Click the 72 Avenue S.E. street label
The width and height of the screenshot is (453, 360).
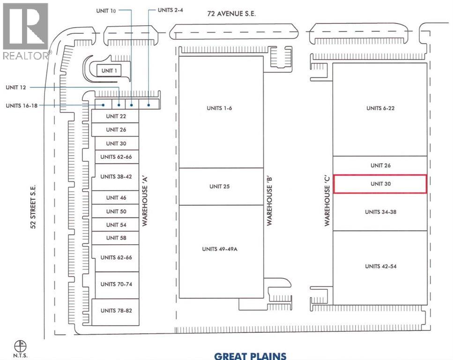click(x=232, y=15)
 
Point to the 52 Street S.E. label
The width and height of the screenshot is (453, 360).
click(x=33, y=206)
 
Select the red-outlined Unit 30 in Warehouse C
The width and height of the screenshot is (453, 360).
click(x=380, y=184)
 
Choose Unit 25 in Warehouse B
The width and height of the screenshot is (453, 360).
click(x=219, y=187)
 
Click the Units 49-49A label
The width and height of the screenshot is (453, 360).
click(x=220, y=249)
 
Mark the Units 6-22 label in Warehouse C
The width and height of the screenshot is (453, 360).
click(x=380, y=108)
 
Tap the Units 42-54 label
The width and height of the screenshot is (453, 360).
click(x=380, y=266)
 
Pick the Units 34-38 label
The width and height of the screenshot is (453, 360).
click(x=380, y=212)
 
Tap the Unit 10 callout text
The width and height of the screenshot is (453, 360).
click(x=106, y=10)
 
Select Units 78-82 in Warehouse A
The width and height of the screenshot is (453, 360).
click(x=116, y=311)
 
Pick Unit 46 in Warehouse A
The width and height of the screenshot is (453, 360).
click(x=116, y=198)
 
